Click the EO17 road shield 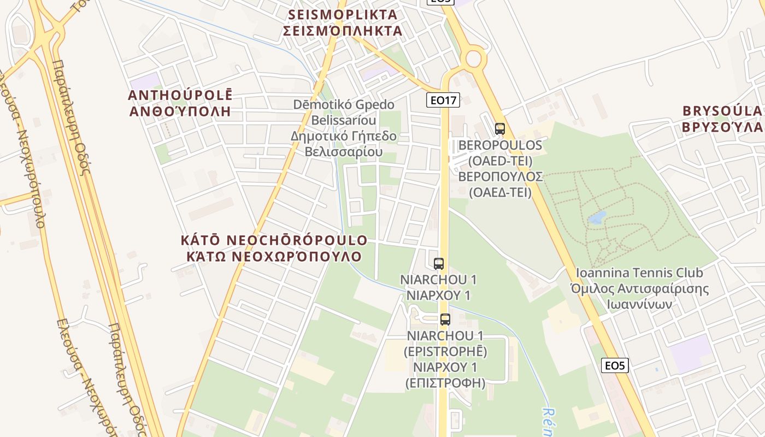click(443, 100)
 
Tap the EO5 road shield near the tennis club click(615, 365)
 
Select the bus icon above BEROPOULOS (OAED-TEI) click(499, 129)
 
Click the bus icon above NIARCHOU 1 click(438, 264)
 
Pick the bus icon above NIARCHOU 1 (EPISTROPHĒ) click(445, 320)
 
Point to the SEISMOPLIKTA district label click(342, 15)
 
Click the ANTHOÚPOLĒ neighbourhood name click(180, 95)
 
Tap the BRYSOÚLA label click(722, 111)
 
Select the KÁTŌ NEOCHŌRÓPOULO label click(274, 240)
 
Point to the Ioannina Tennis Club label click(639, 273)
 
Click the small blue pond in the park click(596, 218)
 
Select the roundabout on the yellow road click(473, 57)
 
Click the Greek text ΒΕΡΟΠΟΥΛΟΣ click(500, 176)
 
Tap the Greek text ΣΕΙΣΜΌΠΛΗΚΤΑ click(343, 31)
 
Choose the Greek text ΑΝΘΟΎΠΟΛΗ click(180, 111)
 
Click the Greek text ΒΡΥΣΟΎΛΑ click(722, 127)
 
